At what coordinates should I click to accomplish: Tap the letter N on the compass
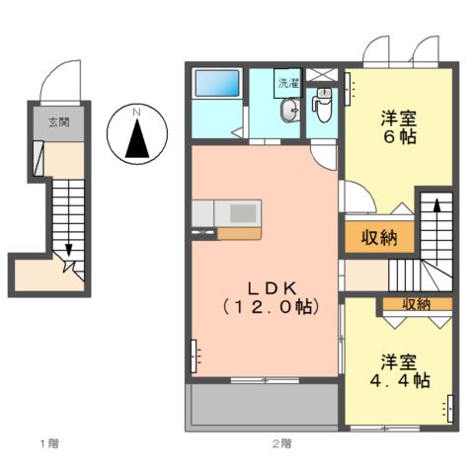(138, 114)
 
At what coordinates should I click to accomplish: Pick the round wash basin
(288, 112)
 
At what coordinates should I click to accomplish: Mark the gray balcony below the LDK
(263, 405)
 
